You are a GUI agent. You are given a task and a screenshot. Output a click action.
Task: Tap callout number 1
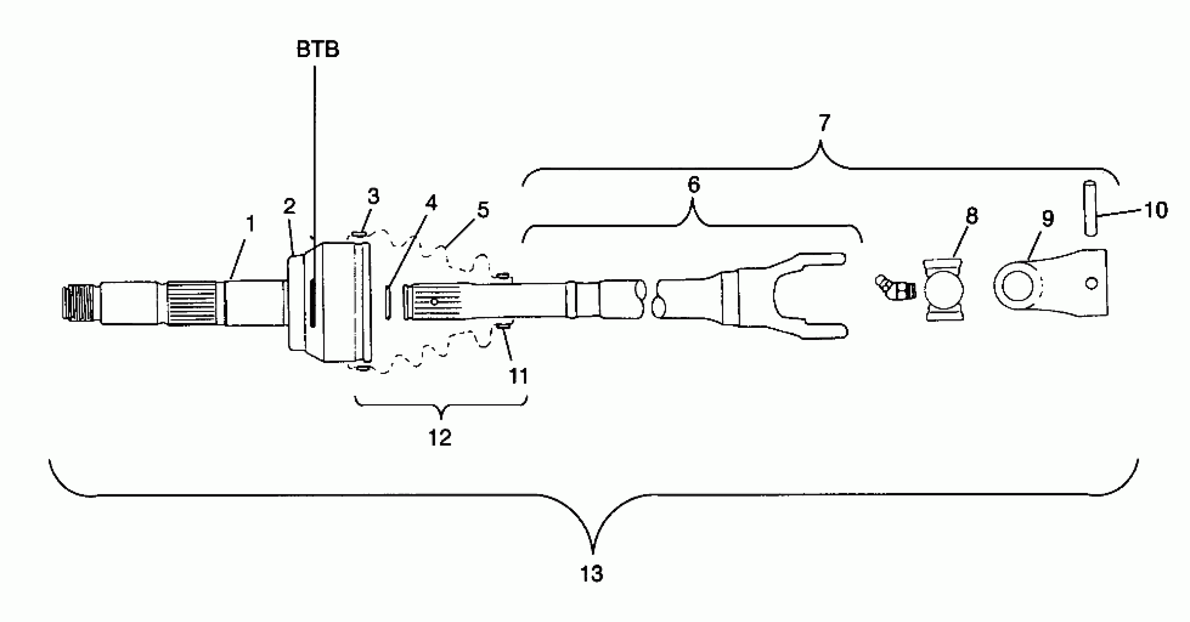point(250,224)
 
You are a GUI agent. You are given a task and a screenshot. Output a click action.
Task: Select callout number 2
point(289,206)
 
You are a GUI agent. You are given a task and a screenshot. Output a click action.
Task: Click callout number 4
point(431,203)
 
